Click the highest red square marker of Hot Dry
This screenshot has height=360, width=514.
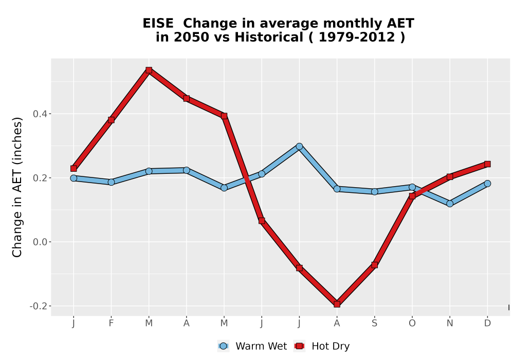(x=149, y=70)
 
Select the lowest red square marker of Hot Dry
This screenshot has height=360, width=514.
(x=337, y=304)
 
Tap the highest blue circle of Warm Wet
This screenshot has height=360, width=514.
(x=299, y=146)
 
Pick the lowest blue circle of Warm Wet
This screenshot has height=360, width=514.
(x=450, y=204)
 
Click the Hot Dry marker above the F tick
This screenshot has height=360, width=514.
(x=111, y=120)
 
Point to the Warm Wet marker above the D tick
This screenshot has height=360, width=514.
(x=487, y=183)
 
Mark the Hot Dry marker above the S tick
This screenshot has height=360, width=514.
(x=375, y=264)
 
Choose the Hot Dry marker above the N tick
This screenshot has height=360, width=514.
(x=450, y=177)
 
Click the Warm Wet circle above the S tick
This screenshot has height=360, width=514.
(x=375, y=191)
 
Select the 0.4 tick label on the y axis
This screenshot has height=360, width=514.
(x=40, y=114)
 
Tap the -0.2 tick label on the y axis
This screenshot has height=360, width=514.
(x=39, y=306)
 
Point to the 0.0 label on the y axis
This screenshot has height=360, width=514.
(x=40, y=242)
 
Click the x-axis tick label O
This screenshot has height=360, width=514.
(x=412, y=323)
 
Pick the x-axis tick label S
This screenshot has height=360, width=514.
(x=375, y=323)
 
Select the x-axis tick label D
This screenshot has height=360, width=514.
(x=487, y=323)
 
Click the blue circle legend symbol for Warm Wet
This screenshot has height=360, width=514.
(x=223, y=346)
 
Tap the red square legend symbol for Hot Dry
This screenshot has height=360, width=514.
(x=299, y=346)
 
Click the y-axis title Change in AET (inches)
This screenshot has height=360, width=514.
(x=17, y=187)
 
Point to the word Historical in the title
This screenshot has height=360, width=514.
(x=269, y=37)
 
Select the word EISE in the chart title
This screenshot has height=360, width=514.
(x=158, y=23)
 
